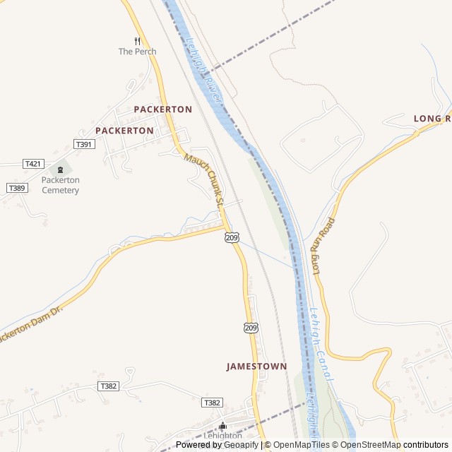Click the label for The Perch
click(137, 52)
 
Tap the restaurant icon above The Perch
click(137, 40)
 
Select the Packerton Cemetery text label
click(60, 185)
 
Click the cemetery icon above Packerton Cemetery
click(60, 169)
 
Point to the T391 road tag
click(84, 144)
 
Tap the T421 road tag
click(33, 164)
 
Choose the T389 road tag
click(17, 188)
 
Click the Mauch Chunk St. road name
click(205, 181)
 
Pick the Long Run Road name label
click(323, 246)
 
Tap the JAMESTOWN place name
click(256, 367)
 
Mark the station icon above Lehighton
click(223, 425)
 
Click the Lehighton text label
click(223, 436)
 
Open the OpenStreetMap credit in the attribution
click(370, 445)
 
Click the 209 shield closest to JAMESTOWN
click(251, 328)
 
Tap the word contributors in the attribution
click(427, 445)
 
